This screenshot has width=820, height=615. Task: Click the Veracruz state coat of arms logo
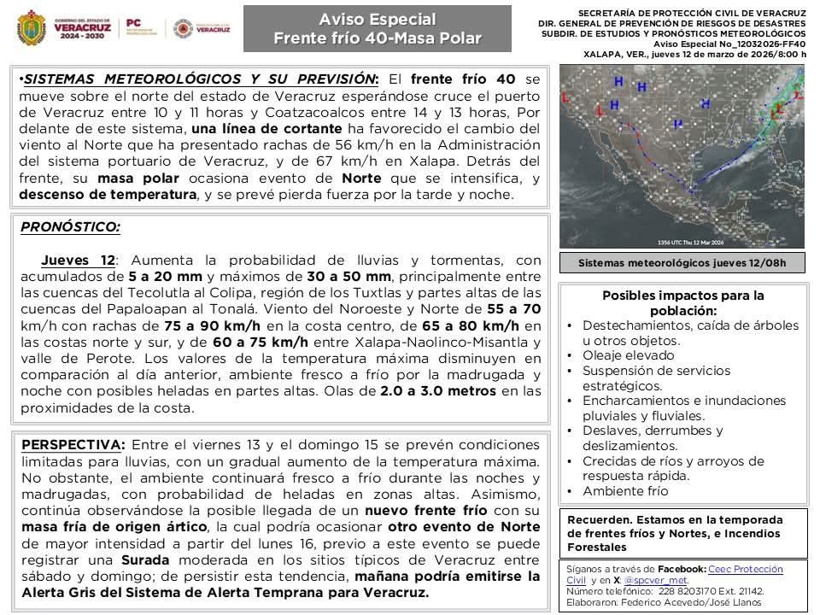32,28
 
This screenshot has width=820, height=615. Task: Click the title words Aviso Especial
377,19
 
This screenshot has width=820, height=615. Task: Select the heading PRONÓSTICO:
70,227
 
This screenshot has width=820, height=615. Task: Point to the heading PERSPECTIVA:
73,445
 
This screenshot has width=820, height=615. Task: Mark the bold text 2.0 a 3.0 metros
437,391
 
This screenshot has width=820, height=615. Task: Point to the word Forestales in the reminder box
598,547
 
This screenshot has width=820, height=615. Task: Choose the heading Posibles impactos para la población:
683,303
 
